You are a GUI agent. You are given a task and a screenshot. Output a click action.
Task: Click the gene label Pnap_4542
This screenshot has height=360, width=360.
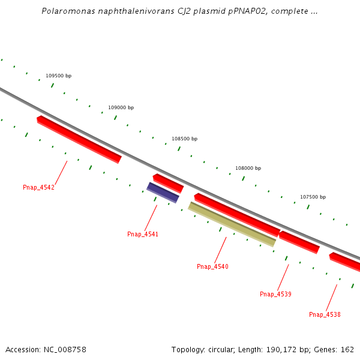[38, 187]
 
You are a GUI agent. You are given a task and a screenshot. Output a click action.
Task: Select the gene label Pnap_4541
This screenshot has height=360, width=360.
[143, 234]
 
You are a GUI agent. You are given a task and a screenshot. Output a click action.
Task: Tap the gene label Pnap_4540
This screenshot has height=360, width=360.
[212, 266]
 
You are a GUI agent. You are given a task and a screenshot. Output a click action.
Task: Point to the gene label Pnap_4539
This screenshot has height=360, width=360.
[275, 294]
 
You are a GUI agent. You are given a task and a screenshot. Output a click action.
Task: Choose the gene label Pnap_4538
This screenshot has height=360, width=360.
[325, 314]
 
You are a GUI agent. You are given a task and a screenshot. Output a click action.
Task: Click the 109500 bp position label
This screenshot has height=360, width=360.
[58, 76]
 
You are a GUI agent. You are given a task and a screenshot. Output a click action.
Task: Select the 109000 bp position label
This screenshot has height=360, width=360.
[121, 107]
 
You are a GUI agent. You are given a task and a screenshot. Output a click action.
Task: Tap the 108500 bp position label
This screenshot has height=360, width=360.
[184, 139]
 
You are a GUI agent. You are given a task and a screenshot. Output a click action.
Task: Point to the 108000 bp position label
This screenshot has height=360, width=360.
[248, 168]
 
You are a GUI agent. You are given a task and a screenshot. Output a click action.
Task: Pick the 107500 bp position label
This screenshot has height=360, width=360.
[313, 197]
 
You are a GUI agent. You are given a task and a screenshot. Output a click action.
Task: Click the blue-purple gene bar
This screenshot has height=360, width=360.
[163, 193]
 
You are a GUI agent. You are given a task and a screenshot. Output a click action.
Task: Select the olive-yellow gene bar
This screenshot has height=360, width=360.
[232, 224]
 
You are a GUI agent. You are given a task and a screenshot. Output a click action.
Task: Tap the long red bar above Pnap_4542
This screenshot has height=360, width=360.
[79, 139]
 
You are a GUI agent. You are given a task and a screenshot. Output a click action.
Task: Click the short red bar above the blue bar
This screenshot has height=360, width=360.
[168, 183]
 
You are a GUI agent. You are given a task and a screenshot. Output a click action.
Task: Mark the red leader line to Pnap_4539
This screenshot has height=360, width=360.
[283, 277]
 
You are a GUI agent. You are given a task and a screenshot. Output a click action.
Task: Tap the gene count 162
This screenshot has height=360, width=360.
[347, 349]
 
